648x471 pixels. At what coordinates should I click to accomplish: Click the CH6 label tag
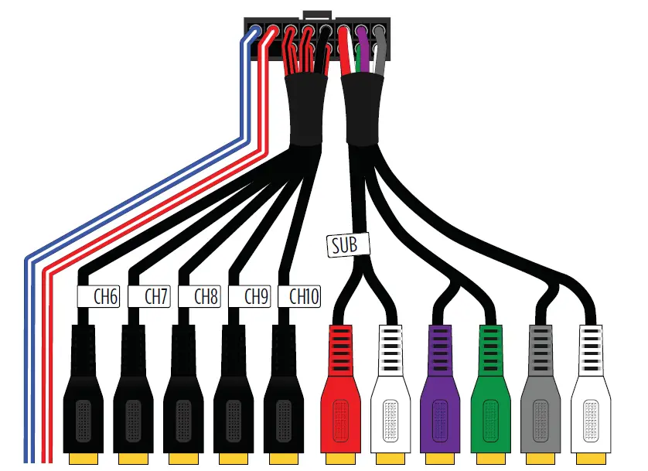coord(97,296)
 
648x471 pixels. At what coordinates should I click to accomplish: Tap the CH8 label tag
coord(201,296)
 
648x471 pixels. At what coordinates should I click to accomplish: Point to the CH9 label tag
coord(251,296)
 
